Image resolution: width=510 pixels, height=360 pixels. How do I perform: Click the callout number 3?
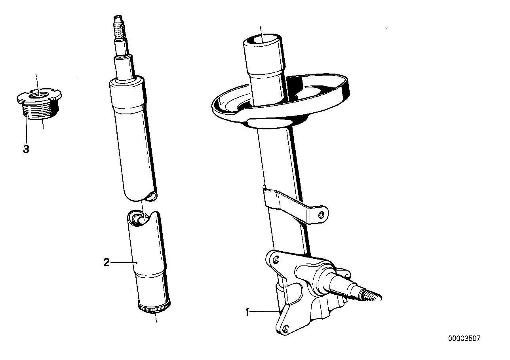point(26,149)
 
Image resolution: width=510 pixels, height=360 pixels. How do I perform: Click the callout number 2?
point(107,262)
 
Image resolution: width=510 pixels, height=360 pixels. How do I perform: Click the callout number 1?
point(247,312)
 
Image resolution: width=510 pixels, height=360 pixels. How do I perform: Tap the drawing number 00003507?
point(464,338)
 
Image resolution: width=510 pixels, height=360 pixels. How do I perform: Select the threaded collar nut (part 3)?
point(39,104)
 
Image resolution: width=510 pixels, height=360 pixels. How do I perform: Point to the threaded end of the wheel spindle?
point(371,296)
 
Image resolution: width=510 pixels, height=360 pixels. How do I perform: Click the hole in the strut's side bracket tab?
point(321,214)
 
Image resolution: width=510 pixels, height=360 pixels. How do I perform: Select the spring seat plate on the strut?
point(280,100)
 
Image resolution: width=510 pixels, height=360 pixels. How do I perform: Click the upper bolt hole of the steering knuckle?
point(276,259)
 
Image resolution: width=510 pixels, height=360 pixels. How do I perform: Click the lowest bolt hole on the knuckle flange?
point(286,328)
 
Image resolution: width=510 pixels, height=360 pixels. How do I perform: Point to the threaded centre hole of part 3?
point(39,95)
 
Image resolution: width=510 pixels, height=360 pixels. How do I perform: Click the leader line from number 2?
point(124,263)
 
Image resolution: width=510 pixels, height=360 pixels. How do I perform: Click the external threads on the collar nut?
point(40,112)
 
